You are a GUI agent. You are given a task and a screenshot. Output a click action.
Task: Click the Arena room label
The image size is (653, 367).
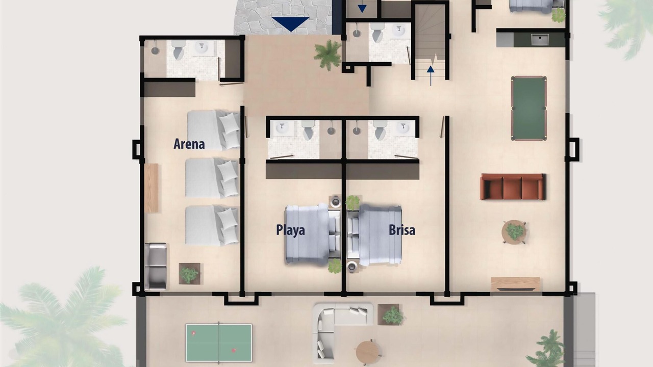click(189, 144)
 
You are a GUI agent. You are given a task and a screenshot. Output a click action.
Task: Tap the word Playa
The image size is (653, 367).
click(290, 230)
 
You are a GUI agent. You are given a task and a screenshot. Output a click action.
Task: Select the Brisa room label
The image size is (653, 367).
click(402, 230)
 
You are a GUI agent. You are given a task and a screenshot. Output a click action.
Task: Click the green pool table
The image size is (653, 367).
click(529, 109)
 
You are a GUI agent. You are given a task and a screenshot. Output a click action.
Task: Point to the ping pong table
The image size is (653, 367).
click(219, 343)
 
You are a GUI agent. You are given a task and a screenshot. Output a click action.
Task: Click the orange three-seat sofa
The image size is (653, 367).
click(513, 187)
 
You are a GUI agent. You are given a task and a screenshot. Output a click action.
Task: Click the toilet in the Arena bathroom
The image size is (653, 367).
click(179, 50)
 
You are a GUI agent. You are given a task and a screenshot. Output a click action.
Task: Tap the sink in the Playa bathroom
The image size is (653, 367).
click(282, 127)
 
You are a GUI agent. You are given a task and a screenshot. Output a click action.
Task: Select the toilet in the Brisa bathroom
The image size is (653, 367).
click(380, 129)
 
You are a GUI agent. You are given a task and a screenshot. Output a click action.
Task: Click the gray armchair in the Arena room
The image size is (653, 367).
click(156, 267)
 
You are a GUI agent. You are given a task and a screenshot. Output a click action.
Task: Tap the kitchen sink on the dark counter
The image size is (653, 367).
click(540, 40)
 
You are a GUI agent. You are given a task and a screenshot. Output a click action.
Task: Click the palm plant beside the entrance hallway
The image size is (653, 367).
click(328, 55)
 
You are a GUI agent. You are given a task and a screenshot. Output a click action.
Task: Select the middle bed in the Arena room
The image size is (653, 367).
click(212, 178)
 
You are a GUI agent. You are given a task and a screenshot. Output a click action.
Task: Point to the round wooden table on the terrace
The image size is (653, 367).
click(368, 352)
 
